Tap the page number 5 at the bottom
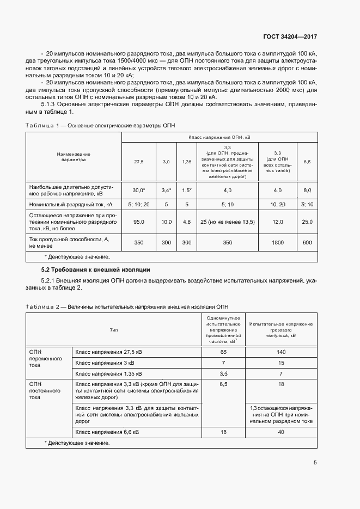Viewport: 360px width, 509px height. click(x=315, y=463)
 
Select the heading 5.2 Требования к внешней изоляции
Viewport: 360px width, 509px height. click(x=95, y=270)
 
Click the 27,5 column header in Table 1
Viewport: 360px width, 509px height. click(x=138, y=162)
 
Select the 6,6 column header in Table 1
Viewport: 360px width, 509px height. click(x=307, y=162)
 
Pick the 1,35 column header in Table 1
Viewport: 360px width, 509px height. click(x=186, y=162)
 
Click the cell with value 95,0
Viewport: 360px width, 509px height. click(x=138, y=222)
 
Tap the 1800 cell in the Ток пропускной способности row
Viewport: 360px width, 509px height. click(x=277, y=242)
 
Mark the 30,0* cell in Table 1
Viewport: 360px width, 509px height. click(x=138, y=190)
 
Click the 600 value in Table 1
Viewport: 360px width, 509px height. click(x=307, y=242)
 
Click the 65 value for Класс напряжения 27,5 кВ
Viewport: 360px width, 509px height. click(x=223, y=352)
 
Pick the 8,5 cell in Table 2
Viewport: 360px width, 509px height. click(x=223, y=384)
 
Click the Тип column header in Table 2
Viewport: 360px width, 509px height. click(x=113, y=329)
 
